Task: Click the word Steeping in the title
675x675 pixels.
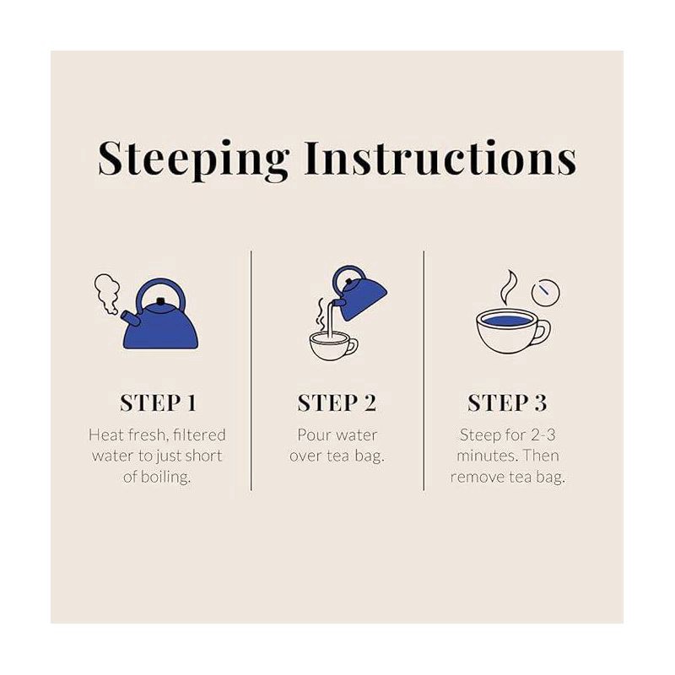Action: coord(193,159)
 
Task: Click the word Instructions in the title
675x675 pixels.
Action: coord(440,159)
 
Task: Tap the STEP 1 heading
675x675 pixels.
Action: coord(158,403)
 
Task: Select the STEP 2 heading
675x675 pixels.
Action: coord(337,403)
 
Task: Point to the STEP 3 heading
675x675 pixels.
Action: coord(507,403)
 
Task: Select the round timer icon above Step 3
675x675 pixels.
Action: coord(546,292)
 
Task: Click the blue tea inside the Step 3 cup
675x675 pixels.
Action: coord(505,321)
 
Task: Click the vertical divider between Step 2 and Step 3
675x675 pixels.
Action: coord(424,370)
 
